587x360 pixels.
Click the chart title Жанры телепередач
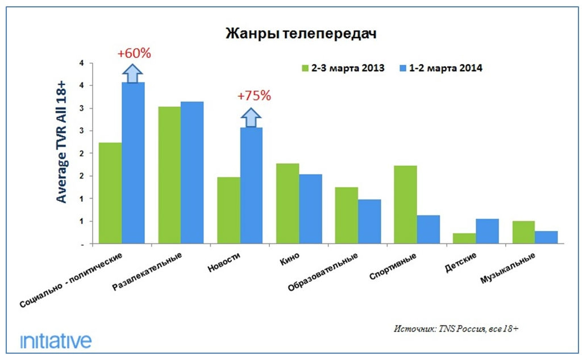(x=301, y=33)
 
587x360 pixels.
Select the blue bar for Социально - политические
(x=134, y=163)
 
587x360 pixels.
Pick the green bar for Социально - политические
(x=110, y=193)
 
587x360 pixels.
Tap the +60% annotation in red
(x=134, y=53)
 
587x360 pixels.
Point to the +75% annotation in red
(x=254, y=96)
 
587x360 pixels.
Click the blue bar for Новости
(x=251, y=185)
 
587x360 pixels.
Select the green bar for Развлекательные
(x=169, y=175)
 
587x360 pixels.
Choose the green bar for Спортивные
(x=405, y=205)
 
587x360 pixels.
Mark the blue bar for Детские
(x=488, y=231)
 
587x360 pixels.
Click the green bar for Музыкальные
(x=523, y=233)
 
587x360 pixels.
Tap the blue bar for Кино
(x=311, y=209)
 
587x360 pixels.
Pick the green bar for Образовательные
(x=346, y=216)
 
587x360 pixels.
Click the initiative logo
(x=56, y=341)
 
